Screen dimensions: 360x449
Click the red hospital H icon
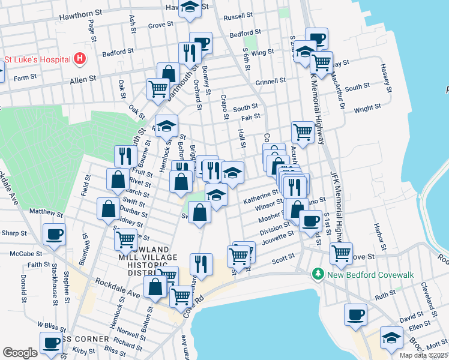pyautogui.click(x=80, y=59)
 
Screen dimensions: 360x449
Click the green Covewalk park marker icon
pyautogui.click(x=318, y=274)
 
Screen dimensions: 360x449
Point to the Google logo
pyautogui.click(x=20, y=353)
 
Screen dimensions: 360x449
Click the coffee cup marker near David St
pyautogui.click(x=355, y=314)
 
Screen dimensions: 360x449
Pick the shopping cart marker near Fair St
pyautogui.click(x=303, y=132)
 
